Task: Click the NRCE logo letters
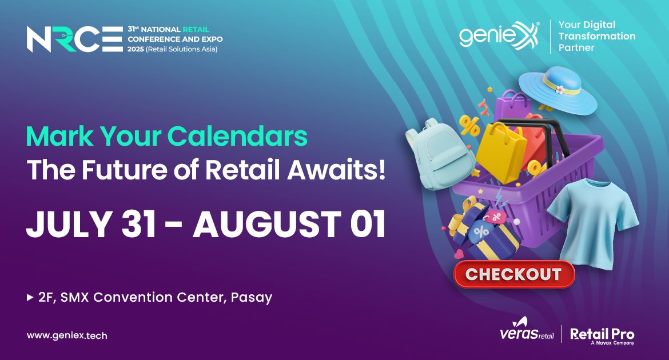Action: (75, 39)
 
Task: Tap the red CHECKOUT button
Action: (514, 274)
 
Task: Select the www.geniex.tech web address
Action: (67, 335)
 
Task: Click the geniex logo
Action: (499, 35)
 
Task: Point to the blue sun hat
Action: (557, 90)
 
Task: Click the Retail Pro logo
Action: (602, 335)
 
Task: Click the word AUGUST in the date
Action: (266, 224)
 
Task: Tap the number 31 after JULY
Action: (139, 224)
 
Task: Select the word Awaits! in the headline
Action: (337, 170)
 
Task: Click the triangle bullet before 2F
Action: (30, 297)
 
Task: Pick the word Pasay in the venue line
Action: (251, 298)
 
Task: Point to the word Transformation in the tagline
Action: (597, 36)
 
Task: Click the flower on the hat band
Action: (560, 90)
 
